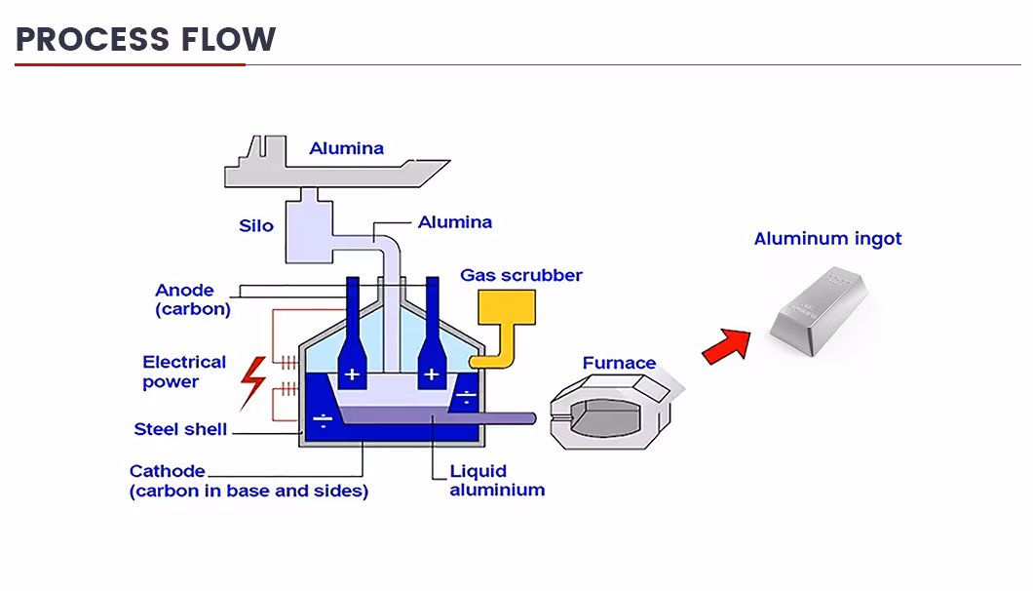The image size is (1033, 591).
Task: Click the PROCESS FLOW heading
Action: coord(146,39)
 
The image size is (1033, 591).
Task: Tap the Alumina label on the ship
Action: coord(346,149)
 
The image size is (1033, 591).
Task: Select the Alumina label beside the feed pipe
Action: coord(455,222)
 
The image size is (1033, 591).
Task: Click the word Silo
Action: coord(256,226)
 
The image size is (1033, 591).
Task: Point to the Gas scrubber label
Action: coord(520,275)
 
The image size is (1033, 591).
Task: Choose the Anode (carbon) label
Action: coord(192,299)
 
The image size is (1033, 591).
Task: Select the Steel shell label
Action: coord(180,429)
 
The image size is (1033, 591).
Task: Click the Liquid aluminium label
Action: coord(496,481)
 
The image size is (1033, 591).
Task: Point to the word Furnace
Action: coord(619,363)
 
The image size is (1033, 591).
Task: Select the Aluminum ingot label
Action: coord(827,239)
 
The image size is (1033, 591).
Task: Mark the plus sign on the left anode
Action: coord(351,374)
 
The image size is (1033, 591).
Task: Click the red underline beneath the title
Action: coord(130,64)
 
